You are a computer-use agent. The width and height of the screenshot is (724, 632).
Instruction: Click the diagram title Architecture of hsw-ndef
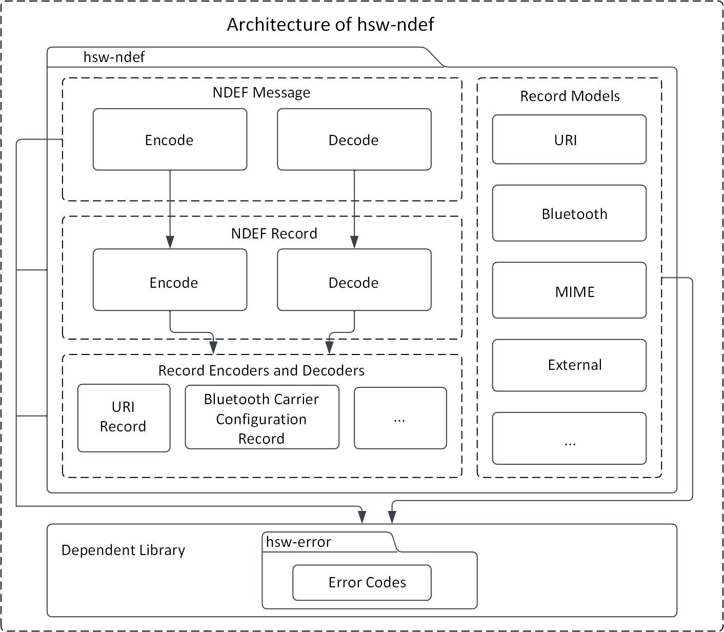point(330,25)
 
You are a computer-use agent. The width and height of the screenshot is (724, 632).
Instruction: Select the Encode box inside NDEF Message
point(170,140)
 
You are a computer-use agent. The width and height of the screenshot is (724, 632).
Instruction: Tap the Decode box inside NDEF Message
point(354,140)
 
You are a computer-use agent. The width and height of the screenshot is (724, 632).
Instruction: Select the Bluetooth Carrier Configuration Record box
point(262,418)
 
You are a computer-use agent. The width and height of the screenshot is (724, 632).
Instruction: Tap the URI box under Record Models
point(569,140)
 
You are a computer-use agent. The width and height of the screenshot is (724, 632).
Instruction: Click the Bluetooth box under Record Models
point(569,213)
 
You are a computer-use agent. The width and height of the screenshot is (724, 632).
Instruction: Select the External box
point(569,365)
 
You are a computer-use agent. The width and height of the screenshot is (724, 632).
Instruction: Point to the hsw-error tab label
point(298,542)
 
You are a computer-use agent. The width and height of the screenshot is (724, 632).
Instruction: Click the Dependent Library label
point(123,550)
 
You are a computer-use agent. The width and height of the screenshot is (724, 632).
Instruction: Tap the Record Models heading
point(570,96)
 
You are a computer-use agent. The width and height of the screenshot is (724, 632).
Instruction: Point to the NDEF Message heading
point(262,92)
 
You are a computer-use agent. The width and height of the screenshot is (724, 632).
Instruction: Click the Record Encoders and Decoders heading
point(262,370)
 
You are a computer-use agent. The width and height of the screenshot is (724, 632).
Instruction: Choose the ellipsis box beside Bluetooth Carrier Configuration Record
point(400,418)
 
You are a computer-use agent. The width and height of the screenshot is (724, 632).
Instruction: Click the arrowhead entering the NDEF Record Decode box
point(354,242)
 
